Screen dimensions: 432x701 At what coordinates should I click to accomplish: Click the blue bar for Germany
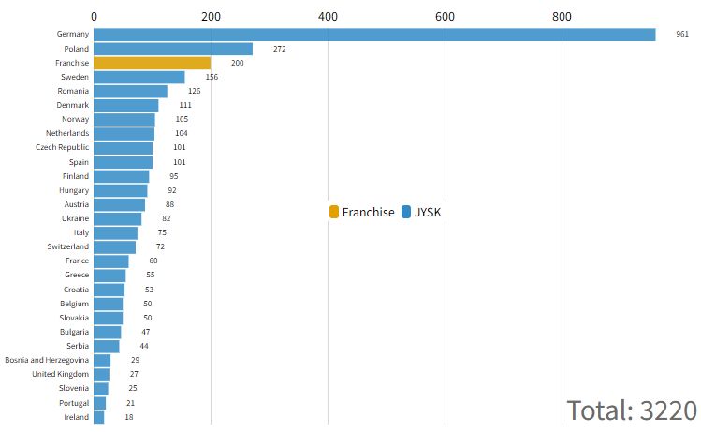[x=374, y=35]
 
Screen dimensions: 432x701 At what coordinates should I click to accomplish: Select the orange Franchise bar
[x=152, y=63]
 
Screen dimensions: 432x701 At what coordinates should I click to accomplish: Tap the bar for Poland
[x=173, y=49]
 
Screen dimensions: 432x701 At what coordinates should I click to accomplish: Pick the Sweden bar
[x=139, y=77]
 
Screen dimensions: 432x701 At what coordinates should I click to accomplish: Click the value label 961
[x=682, y=34]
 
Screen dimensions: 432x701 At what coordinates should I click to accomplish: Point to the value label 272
[x=280, y=49]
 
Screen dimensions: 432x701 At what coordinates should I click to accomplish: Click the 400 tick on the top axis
[x=328, y=16]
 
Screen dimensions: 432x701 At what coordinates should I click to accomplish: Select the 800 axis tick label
[x=562, y=16]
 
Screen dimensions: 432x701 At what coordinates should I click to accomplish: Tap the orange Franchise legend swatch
[x=334, y=213]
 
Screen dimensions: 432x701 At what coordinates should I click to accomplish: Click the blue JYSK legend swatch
[x=406, y=213]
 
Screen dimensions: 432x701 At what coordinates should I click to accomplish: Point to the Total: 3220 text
[x=632, y=410]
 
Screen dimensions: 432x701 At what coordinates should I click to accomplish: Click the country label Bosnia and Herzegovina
[x=47, y=360]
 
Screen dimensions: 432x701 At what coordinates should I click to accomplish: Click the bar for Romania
[x=130, y=91]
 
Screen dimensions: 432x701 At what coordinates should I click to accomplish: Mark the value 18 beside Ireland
[x=129, y=417]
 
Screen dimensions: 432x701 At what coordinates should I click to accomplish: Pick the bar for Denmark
[x=126, y=105]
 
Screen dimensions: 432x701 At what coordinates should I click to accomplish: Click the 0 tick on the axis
[x=95, y=16]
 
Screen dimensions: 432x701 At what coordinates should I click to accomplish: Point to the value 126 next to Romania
[x=195, y=91]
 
